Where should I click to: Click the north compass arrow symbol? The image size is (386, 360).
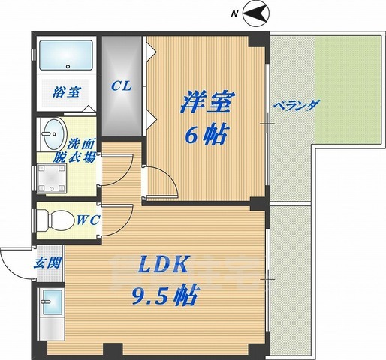coord(256,14)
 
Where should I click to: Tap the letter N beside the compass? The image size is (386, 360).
coord(234,14)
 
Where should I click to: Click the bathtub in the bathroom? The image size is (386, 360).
coord(66,55)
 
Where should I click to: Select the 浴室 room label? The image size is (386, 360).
coord(67,92)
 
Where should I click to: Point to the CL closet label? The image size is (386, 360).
coord(122,86)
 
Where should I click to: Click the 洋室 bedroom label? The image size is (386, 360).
coord(208,102)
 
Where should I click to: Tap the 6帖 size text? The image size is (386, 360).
coord(207,134)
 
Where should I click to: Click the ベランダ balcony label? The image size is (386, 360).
coord(297,106)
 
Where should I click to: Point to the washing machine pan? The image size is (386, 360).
coord(52,178)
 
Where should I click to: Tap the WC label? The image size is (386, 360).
coord(89,220)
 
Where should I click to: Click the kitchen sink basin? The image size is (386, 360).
coord(53,301)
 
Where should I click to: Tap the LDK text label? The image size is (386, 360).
coord(163,265)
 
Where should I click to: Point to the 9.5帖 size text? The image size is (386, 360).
coord(164,295)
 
